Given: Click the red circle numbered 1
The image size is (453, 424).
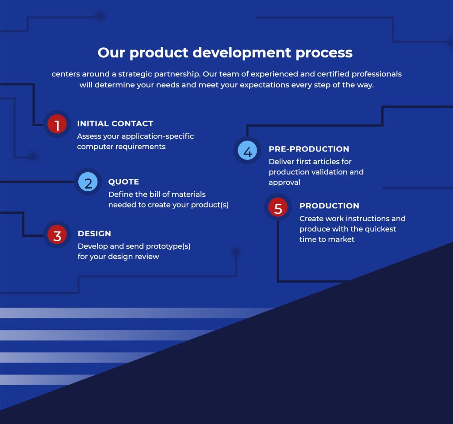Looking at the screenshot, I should pos(57,125).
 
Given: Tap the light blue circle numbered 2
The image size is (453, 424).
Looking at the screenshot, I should pos(88,182).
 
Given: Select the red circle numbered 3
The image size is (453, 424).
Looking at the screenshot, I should pos(57,235).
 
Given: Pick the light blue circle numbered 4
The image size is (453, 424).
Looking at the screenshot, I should pos(248,151).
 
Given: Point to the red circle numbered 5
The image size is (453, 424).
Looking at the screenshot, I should pos(278,208).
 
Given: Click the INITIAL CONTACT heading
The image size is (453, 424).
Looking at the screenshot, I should pos(115,124).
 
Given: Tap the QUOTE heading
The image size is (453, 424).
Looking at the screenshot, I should pos(123,182).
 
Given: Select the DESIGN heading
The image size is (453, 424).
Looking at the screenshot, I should pos(94,234).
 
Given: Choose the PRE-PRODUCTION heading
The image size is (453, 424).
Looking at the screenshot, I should pos(309,149).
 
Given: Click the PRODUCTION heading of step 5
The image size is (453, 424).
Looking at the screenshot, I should pos(329,206).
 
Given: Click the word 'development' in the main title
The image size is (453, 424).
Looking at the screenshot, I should pos(242,53).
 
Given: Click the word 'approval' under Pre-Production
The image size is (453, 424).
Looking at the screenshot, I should pos(284,182).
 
